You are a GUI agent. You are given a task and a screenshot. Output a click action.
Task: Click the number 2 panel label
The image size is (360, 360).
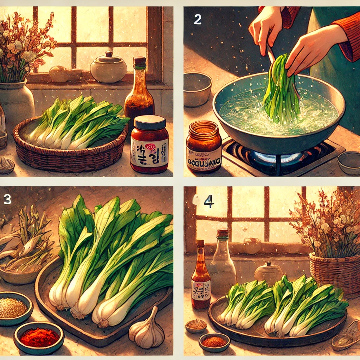point(198,20)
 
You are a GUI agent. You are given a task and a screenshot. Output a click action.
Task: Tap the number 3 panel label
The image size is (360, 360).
point(7,199)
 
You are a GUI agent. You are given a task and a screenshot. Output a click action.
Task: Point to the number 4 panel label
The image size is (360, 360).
point(208,201)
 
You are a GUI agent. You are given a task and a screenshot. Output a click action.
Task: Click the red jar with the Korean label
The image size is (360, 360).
point(149,145)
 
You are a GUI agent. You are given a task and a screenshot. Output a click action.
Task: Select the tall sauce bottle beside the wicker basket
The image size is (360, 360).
point(139,91)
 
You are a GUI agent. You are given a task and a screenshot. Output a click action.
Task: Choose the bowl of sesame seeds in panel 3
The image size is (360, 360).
point(13,308)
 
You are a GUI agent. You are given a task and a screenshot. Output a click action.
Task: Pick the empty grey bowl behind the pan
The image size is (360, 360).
point(197,89)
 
